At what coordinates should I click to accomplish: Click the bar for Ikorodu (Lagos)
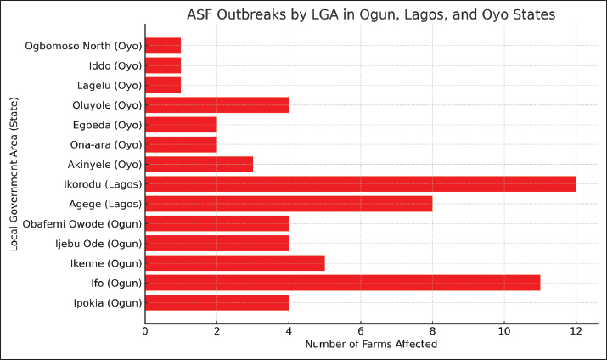[x=360, y=184]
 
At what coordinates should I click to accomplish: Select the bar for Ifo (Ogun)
[x=342, y=283]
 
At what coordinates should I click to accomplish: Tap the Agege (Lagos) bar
[x=289, y=204]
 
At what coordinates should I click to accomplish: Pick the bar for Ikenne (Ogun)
[x=234, y=263]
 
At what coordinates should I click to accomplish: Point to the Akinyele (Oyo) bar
[x=199, y=164]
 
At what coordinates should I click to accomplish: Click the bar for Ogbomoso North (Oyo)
[x=163, y=46]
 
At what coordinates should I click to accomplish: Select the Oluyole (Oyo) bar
[x=216, y=105]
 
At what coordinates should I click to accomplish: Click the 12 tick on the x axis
[x=576, y=329]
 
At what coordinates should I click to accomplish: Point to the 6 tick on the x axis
[x=361, y=329]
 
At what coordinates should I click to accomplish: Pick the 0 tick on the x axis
[x=145, y=329]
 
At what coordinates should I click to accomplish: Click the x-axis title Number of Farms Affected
[x=371, y=344]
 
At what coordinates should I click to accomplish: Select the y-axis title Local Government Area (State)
[x=14, y=173]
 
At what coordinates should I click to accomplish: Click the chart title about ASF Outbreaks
[x=371, y=14]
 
